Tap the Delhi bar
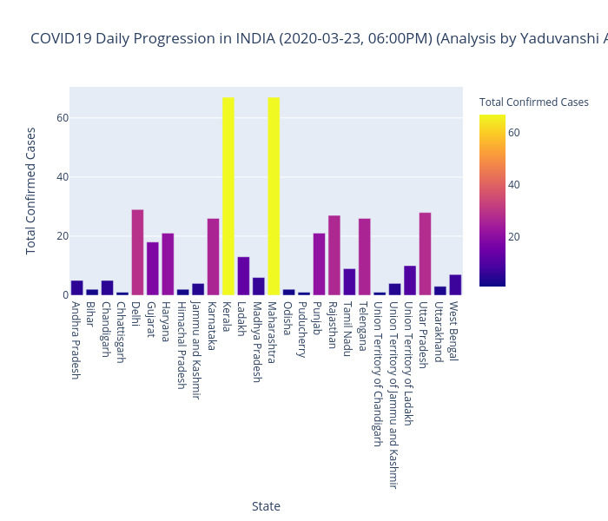(137, 253)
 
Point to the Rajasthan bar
(334, 255)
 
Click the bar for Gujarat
(153, 268)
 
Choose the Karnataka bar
(213, 257)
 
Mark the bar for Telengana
(364, 257)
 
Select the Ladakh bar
(243, 276)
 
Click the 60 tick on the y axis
(62, 118)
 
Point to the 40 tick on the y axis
(62, 177)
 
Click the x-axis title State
(266, 506)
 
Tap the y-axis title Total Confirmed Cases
(31, 190)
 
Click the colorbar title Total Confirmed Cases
(533, 102)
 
